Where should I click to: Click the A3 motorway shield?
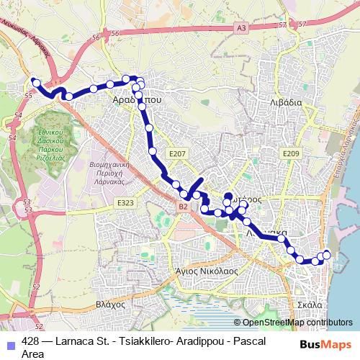point(240,27)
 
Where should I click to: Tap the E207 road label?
point(177,153)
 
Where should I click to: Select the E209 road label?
point(291,153)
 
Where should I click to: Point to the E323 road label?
point(125,204)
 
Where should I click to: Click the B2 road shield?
point(183,207)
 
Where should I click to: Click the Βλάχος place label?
point(110,305)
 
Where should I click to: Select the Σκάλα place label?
point(310,305)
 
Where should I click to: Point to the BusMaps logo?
point(325,345)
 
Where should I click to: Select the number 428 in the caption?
point(31,341)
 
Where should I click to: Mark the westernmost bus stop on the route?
point(36,83)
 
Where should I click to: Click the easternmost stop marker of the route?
point(327,253)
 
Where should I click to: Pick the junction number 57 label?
point(302,24)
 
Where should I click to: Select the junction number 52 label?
point(37,315)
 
